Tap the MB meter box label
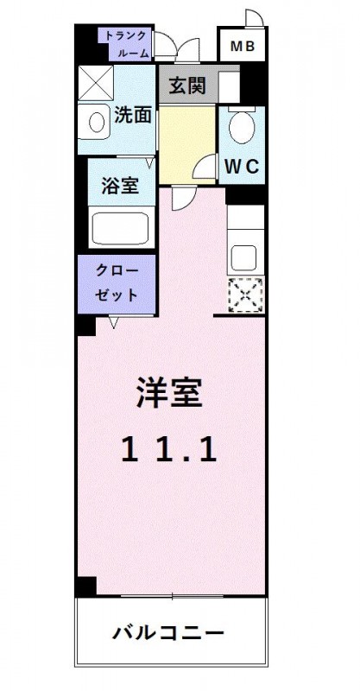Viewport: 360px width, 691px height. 243,46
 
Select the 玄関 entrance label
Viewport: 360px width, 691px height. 188,86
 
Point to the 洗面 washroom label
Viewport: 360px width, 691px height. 133,116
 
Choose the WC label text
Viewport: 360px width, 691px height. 242,167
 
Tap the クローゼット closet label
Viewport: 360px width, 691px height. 117,283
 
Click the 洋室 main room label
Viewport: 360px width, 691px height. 170,393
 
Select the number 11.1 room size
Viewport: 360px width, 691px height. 169,450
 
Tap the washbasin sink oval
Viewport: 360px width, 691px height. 97,122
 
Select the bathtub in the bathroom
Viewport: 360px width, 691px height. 121,228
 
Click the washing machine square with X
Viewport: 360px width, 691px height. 96,83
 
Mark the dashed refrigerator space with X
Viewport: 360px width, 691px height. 246,295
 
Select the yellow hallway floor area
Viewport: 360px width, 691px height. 186,144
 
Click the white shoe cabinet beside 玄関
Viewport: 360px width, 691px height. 229,87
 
